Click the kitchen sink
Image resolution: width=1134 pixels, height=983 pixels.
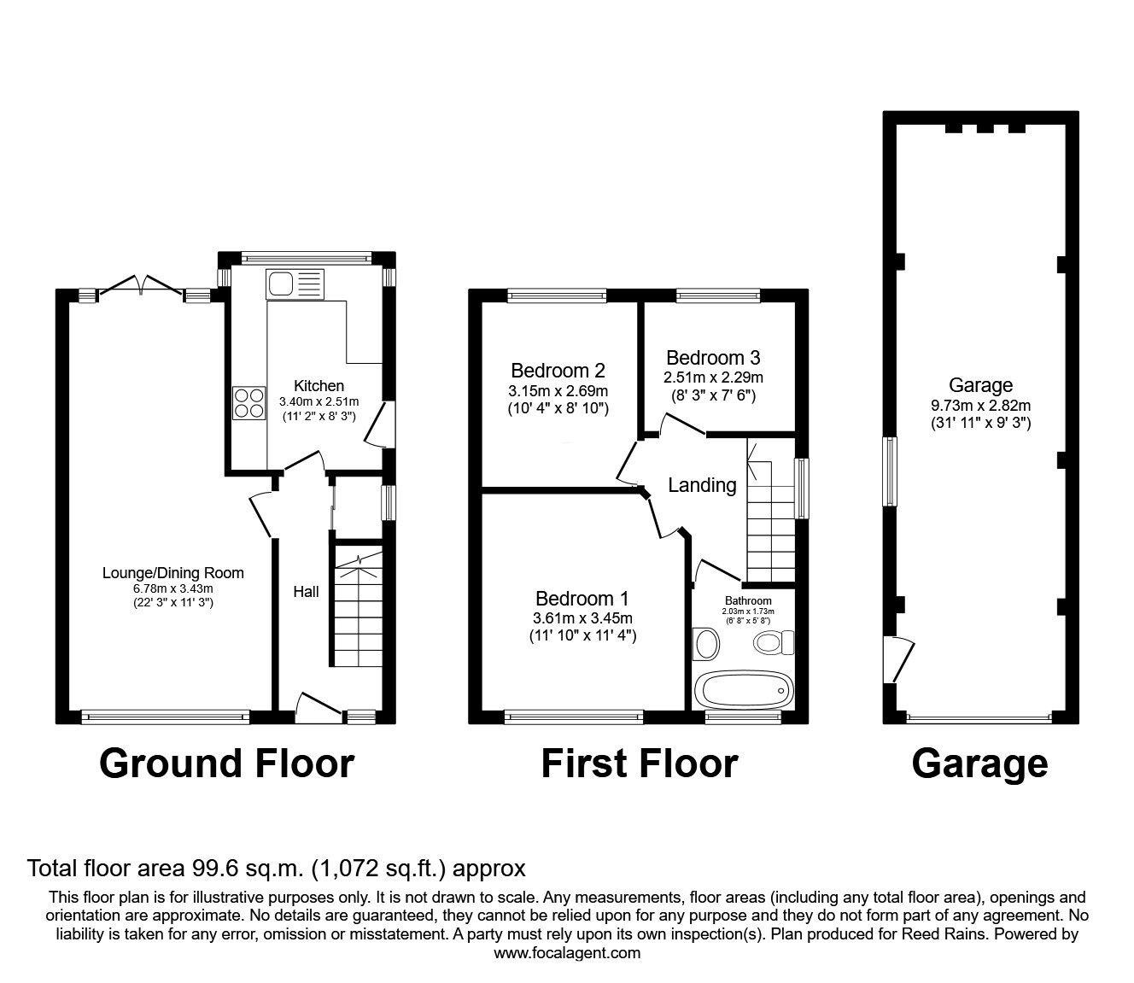[x=295, y=283]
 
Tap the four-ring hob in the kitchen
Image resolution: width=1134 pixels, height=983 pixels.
[x=248, y=403]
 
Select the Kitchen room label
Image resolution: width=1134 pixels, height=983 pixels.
[x=319, y=386]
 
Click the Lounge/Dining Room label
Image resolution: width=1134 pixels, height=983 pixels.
[x=173, y=573]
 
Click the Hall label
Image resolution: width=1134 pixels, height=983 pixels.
[x=306, y=591]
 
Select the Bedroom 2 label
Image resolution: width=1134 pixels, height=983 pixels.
[x=558, y=371]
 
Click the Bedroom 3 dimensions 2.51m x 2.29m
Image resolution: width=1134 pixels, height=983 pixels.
[x=713, y=377]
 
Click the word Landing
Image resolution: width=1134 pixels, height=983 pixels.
[x=702, y=485]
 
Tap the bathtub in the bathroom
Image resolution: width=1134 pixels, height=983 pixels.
[x=741, y=688]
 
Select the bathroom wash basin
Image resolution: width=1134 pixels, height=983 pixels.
[x=706, y=643]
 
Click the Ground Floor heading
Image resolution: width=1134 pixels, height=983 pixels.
[x=226, y=763]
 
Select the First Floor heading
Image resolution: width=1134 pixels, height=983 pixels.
[x=639, y=763]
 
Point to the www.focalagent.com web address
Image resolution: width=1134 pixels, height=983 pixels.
[x=567, y=952]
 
